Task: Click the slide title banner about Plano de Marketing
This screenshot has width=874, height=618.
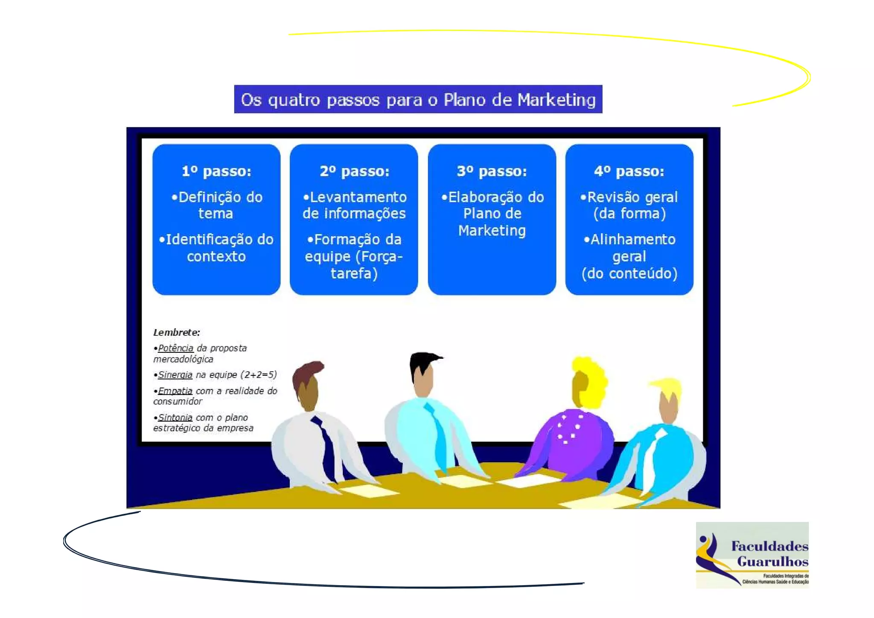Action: (418, 100)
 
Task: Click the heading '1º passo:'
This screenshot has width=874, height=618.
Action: (216, 171)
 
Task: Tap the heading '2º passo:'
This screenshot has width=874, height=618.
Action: (354, 171)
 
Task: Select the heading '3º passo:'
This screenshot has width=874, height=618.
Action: (492, 171)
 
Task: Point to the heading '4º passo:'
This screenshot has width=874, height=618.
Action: (629, 171)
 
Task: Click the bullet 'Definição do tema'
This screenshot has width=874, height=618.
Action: (216, 205)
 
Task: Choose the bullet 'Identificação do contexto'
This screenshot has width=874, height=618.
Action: (216, 248)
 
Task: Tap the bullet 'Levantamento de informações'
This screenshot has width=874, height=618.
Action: (354, 205)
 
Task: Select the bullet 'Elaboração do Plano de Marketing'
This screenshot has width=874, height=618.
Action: (492, 214)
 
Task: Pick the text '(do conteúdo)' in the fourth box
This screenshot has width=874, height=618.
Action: (629, 273)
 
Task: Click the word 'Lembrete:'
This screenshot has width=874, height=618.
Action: (176, 332)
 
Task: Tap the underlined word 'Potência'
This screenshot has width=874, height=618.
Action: (175, 348)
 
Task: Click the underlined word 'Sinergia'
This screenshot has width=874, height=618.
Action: (175, 375)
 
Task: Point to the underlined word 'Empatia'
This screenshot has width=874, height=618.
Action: (175, 391)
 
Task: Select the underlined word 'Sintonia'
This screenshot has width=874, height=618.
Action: (175, 417)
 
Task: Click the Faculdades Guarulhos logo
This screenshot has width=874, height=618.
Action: (752, 555)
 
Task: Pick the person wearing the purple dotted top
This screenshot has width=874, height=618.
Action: (572, 440)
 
